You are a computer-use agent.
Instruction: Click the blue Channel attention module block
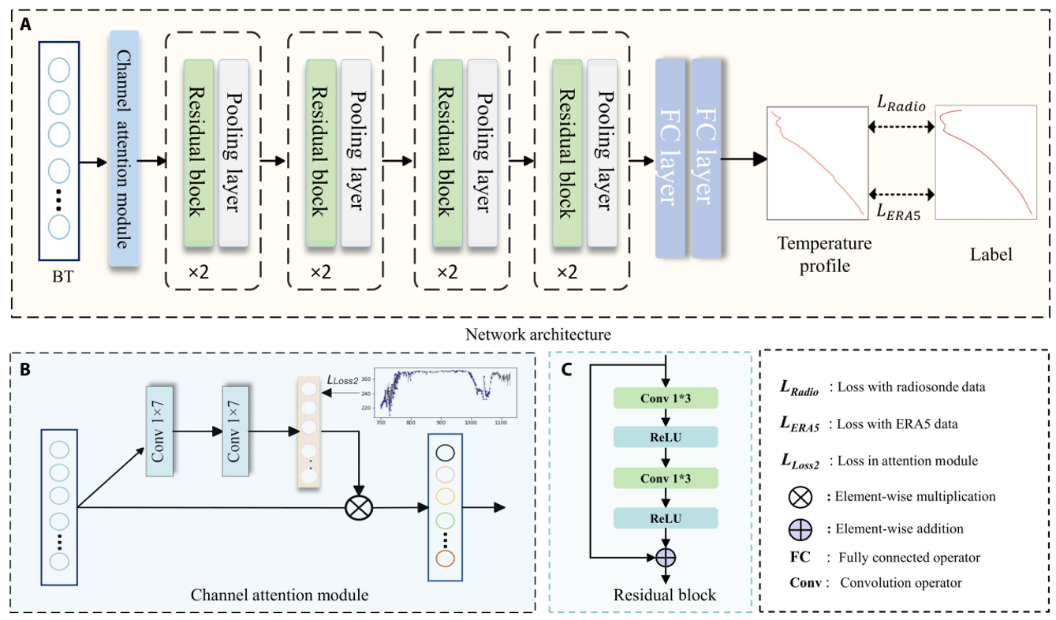pyautogui.click(x=125, y=148)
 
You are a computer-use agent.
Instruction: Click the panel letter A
pyautogui.click(x=26, y=23)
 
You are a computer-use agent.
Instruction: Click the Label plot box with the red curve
pyautogui.click(x=986, y=163)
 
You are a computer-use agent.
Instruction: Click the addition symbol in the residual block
pyautogui.click(x=667, y=557)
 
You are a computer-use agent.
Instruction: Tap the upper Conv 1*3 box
pyautogui.click(x=665, y=398)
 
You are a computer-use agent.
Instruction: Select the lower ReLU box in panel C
pyautogui.click(x=665, y=517)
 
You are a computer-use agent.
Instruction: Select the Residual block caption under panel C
pyautogui.click(x=665, y=594)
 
